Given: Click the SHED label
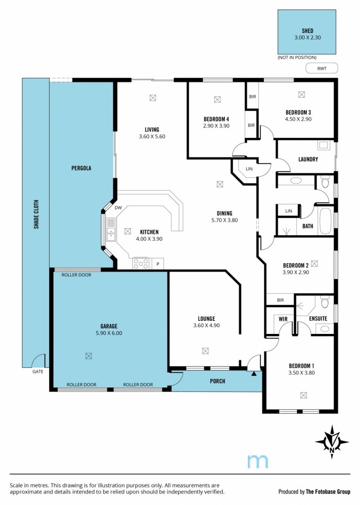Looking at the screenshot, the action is tap(307, 31).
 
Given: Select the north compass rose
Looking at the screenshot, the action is tap(332, 442).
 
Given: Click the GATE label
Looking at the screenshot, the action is tap(38, 371).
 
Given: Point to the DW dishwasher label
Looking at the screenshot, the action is tap(118, 208).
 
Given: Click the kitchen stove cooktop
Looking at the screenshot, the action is tap(141, 263).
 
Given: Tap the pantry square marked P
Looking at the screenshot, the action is tap(158, 264).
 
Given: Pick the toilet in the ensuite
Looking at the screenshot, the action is tap(324, 303).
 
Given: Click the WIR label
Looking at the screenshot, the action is tap(283, 319).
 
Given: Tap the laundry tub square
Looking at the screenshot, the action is tap(323, 145).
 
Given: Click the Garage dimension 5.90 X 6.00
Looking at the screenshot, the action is tap(109, 333).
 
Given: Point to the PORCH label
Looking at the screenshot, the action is tap(217, 381).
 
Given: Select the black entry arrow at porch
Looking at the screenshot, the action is tap(254, 374).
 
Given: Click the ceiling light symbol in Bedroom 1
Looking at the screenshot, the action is tap(303, 395).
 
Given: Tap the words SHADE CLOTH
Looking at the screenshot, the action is tap(36, 215).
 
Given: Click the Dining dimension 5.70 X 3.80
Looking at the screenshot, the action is tap(225, 220).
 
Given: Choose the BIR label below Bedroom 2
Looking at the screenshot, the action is tap(280, 300).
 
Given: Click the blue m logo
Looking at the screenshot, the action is tap(257, 461).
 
